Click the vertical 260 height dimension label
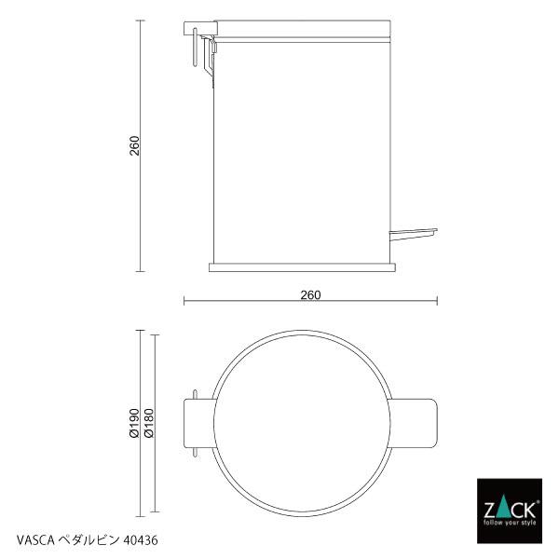click(x=135, y=145)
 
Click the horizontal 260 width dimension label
click(x=310, y=295)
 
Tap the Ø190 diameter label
click(x=134, y=423)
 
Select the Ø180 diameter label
click(x=149, y=423)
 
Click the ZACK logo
click(x=510, y=511)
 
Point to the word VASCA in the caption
click(x=35, y=540)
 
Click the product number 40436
click(x=140, y=540)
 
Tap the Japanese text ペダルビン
click(x=89, y=540)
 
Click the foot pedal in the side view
click(x=413, y=234)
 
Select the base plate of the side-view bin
click(x=302, y=267)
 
